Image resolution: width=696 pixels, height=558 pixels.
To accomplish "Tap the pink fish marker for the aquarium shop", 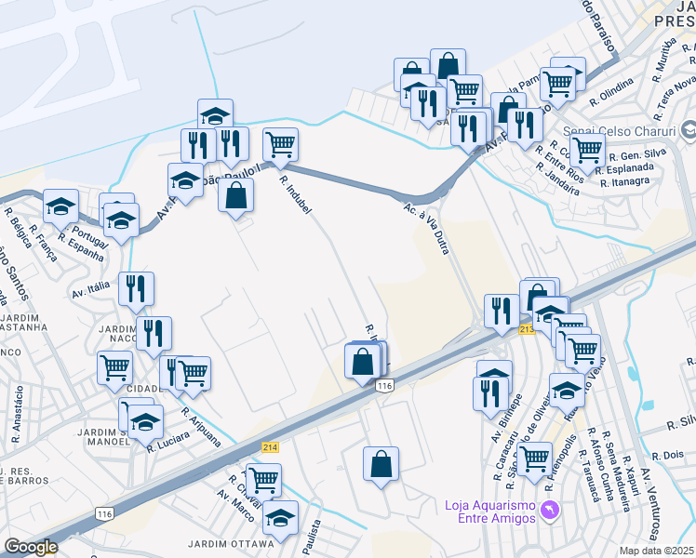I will [x=550, y=511].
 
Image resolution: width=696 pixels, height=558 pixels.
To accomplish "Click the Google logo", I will [x=30, y=547].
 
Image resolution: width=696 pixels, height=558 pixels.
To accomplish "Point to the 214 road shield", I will [x=271, y=447].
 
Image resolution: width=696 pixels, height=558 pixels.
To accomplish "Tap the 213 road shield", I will [x=527, y=329].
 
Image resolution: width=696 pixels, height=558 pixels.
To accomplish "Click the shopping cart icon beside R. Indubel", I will [x=280, y=144].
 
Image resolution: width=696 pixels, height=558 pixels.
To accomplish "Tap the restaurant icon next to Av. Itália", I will [x=136, y=288].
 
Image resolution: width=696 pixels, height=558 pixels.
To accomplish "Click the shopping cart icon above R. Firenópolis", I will [x=534, y=458].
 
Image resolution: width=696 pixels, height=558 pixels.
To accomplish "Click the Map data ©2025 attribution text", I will [x=657, y=551].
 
